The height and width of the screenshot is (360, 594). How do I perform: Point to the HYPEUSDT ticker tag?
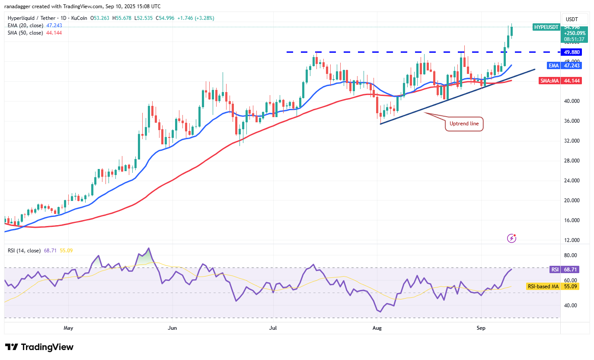pyautogui.click(x=546, y=27)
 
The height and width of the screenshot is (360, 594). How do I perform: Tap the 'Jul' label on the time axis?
pyautogui.click(x=273, y=328)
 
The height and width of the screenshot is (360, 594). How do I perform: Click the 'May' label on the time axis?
pyautogui.click(x=68, y=328)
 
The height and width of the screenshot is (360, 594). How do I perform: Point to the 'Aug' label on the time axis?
pyautogui.click(x=377, y=328)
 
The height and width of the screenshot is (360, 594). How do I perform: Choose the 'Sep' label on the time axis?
pyautogui.click(x=481, y=328)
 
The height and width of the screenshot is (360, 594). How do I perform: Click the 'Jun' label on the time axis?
pyautogui.click(x=172, y=328)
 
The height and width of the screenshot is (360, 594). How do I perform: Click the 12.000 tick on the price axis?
pyautogui.click(x=572, y=240)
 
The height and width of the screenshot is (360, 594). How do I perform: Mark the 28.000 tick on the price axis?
pyautogui.click(x=572, y=161)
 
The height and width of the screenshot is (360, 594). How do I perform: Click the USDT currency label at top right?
pyautogui.click(x=572, y=19)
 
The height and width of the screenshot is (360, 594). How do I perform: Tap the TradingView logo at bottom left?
pyautogui.click(x=39, y=347)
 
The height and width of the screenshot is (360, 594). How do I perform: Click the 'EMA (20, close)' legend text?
pyautogui.click(x=25, y=25)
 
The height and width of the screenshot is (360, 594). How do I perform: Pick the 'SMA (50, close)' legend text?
pyautogui.click(x=25, y=33)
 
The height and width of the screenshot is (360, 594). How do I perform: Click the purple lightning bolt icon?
pyautogui.click(x=512, y=238)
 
